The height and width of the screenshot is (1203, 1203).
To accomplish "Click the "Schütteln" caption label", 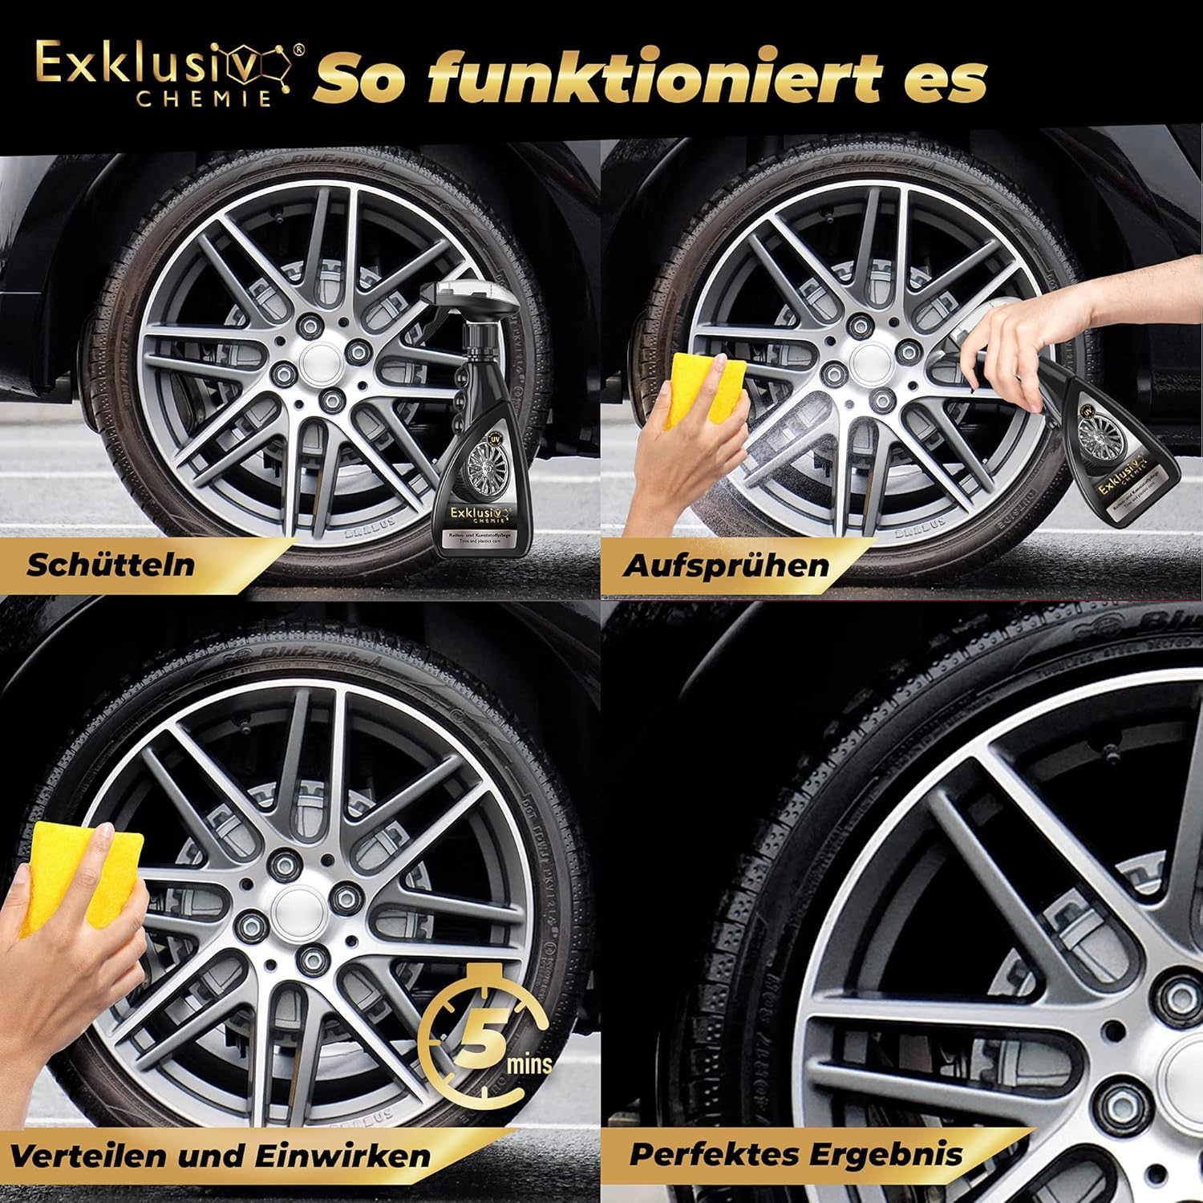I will pos(111,564).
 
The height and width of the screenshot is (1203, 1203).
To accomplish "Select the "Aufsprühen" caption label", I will pos(726,565).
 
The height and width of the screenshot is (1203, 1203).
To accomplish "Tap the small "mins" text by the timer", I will pos(529,1065).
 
